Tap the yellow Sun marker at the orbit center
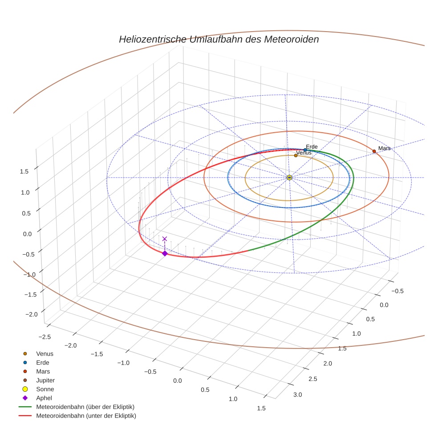click(x=289, y=178)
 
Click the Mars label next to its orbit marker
click(x=384, y=148)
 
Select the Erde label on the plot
click(x=312, y=146)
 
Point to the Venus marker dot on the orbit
click(x=296, y=155)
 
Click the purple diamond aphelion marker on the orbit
click(x=165, y=253)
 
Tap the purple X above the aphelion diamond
click(x=165, y=239)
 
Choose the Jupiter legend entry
click(x=45, y=380)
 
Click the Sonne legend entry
click(x=45, y=389)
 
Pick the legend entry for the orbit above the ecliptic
click(x=85, y=407)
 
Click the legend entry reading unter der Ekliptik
click(x=86, y=416)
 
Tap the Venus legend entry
click(x=45, y=353)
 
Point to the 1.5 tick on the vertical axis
click(x=25, y=171)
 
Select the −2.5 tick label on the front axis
click(x=45, y=337)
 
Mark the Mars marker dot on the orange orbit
click(x=374, y=151)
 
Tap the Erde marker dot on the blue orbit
click(x=305, y=150)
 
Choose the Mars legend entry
click(x=43, y=371)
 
